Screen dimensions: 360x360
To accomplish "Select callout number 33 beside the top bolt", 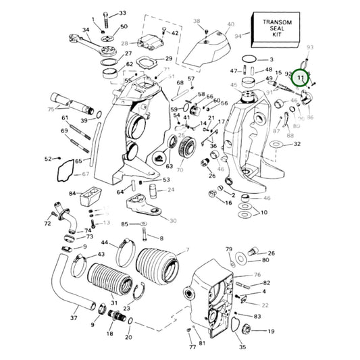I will tap(122, 13).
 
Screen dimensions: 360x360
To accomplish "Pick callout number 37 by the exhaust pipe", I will tap(74, 317).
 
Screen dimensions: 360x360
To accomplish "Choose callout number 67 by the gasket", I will tap(85, 174).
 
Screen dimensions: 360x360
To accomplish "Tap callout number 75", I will tap(51, 109).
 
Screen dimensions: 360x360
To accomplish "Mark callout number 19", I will tap(271, 332).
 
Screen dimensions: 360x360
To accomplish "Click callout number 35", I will tap(242, 347).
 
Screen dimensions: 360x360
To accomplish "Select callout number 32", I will tap(297, 144).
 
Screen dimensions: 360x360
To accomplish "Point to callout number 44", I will tap(104, 242).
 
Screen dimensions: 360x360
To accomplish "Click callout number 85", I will tap(124, 224).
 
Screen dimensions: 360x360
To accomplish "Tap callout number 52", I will tap(48, 159).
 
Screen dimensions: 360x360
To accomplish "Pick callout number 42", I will tap(175, 33).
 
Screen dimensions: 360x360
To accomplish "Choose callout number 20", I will tap(129, 336).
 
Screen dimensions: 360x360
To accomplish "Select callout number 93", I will tap(310, 47).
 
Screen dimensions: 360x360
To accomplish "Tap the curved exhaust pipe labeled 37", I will tap(51, 284).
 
